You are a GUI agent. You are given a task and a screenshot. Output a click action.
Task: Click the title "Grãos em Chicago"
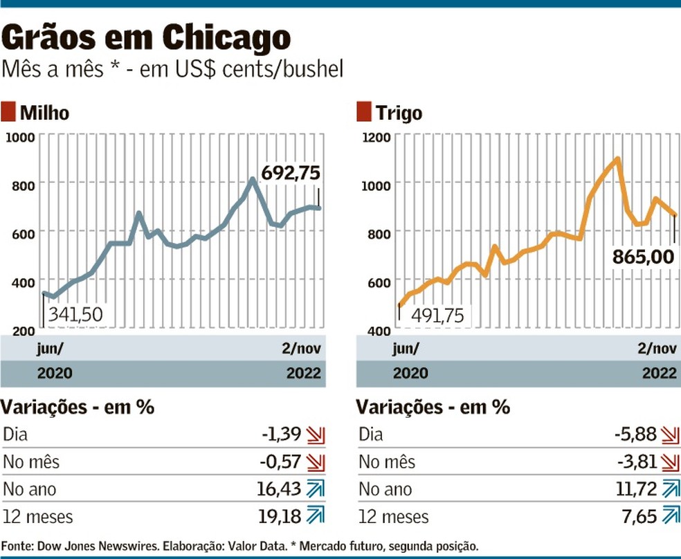pyautogui.click(x=147, y=38)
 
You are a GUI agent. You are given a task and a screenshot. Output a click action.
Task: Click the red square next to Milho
pyautogui.click(x=9, y=112)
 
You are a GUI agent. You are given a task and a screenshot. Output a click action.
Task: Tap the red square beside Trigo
pyautogui.click(x=364, y=112)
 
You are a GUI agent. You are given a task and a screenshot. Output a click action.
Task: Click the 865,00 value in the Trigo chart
pyautogui.click(x=643, y=257)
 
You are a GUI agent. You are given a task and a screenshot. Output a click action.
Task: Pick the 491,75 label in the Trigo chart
pyautogui.click(x=438, y=315)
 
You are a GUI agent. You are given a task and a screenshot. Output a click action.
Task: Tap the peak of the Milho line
pyautogui.click(x=253, y=180)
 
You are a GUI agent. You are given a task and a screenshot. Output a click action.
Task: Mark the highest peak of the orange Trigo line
pyautogui.click(x=617, y=159)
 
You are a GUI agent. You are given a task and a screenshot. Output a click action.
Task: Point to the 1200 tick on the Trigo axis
pyautogui.click(x=376, y=136)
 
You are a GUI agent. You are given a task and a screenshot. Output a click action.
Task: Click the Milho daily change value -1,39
pyautogui.click(x=282, y=434)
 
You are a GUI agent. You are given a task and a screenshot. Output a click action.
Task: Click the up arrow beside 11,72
pyautogui.click(x=671, y=489)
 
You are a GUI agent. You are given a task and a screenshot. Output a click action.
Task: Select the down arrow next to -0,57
pyautogui.click(x=316, y=462)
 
